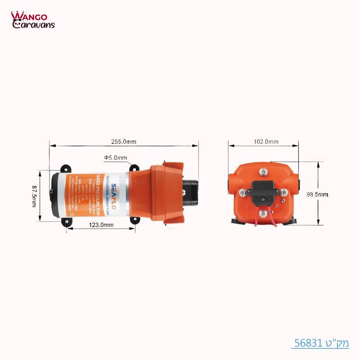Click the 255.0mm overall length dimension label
(x=124, y=142)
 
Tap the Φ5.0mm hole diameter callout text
(x=116, y=157)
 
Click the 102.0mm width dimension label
(x=266, y=142)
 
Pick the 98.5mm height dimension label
(x=317, y=194)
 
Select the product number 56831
(x=310, y=343)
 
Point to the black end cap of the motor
(x=54, y=194)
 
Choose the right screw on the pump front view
(x=283, y=193)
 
